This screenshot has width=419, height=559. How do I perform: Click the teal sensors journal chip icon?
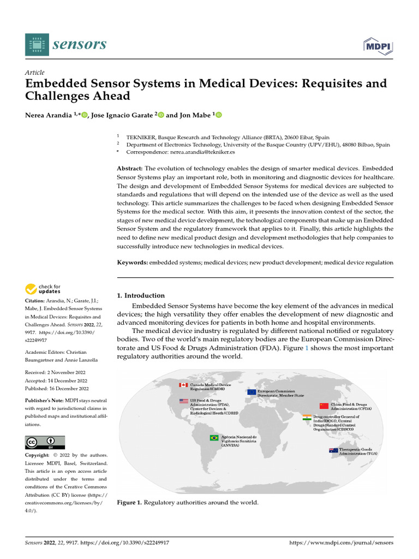click(37, 44)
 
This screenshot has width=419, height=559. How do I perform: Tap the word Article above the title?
click(35, 73)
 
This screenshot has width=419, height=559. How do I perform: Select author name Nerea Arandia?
click(49, 115)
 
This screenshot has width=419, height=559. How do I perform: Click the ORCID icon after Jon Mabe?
click(219, 115)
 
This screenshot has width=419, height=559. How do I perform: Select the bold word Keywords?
click(133, 263)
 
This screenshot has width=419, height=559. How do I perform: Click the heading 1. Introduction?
click(141, 295)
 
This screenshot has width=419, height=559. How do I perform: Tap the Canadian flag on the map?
click(183, 385)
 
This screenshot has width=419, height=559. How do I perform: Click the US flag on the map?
click(183, 401)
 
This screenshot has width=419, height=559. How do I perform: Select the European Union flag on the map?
click(251, 392)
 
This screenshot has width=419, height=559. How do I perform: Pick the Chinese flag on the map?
click(324, 406)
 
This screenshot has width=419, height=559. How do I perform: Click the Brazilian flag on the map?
click(214, 437)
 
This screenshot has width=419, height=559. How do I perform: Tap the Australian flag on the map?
click(333, 450)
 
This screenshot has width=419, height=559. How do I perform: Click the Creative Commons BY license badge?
click(45, 442)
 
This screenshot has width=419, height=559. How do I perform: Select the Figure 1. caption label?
click(129, 503)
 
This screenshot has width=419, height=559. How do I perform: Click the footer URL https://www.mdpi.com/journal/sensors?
click(340, 543)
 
